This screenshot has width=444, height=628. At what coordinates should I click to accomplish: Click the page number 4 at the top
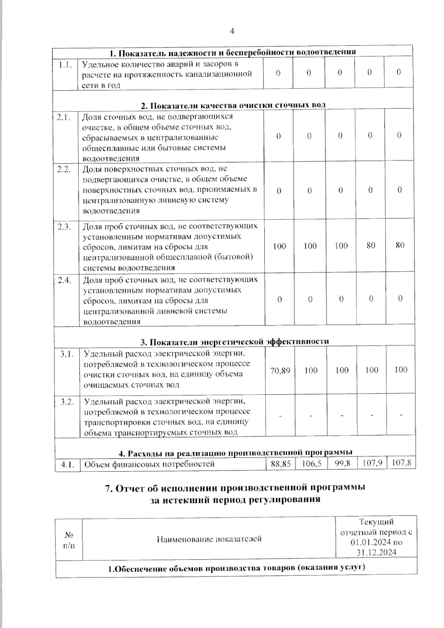point(232,31)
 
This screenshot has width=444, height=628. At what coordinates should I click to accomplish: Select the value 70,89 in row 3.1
point(280,370)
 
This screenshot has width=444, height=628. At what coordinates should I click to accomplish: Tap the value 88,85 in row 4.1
point(280,463)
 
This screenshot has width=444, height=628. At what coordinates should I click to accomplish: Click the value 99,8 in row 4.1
point(342,463)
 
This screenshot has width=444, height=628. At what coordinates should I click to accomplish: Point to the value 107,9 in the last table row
point(372,463)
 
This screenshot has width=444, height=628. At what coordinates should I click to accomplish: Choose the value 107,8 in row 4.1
point(401,463)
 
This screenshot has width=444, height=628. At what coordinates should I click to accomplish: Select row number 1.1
point(65,65)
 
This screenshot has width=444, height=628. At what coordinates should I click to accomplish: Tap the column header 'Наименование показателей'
point(209,539)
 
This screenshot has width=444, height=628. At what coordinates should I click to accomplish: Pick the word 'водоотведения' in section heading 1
point(329,52)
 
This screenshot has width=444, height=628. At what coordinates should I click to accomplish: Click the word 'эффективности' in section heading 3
point(297,341)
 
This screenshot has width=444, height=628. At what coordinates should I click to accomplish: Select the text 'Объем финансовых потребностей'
point(149,464)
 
